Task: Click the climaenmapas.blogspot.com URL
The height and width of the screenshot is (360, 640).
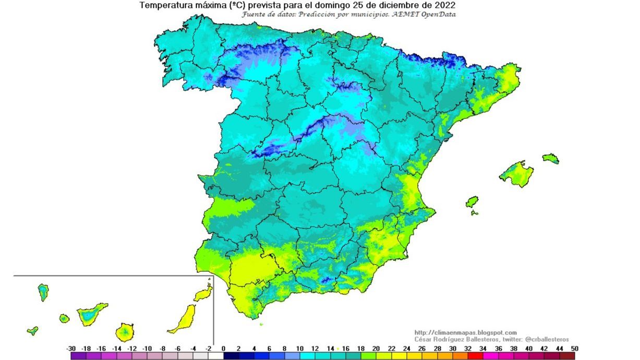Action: pos(465,332)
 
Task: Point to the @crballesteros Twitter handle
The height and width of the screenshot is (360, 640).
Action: pos(547,339)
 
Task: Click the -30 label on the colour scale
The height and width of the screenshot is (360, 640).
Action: pos(71,348)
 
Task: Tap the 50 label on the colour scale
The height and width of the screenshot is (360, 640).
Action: pos(574,348)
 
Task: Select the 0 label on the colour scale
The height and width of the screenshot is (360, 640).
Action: pos(223,348)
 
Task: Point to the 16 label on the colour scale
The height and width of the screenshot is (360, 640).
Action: pos(345,348)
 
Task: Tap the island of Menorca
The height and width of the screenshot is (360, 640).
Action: pos(550,158)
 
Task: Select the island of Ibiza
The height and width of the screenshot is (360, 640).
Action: pos(472,202)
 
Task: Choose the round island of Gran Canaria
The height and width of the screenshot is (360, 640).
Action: pos(125,331)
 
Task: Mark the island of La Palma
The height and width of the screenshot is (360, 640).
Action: pos(43,292)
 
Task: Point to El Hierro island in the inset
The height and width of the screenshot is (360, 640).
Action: pos(32,330)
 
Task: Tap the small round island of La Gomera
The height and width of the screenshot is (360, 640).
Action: pos(64,318)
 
